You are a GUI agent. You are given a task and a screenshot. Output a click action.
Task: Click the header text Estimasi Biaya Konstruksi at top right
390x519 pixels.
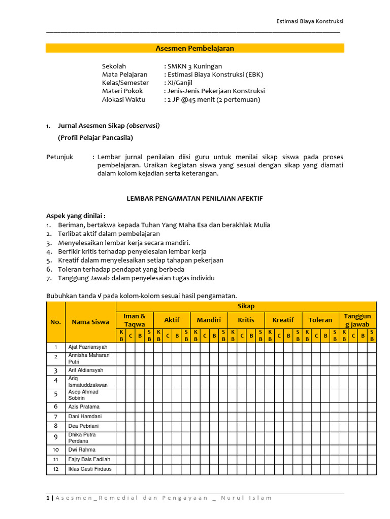(x=309, y=21)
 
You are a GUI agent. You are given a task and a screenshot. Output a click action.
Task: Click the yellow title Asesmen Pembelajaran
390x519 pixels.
(x=194, y=48)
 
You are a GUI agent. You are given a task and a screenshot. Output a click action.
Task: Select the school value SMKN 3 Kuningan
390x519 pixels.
(x=195, y=66)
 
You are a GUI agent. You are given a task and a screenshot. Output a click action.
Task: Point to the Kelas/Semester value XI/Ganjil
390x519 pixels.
(x=180, y=83)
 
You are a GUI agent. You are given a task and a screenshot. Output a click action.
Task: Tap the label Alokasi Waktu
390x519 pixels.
(x=123, y=99)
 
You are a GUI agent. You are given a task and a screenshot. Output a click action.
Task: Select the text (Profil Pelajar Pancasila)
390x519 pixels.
(x=96, y=137)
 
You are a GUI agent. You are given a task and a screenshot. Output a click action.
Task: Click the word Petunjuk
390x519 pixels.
(x=60, y=157)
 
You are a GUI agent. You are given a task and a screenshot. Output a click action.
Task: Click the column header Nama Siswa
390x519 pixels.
(x=90, y=321)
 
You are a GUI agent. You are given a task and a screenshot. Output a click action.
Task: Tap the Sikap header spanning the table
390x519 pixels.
(x=246, y=306)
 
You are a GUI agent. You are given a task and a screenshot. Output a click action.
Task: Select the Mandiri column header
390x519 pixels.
(x=209, y=320)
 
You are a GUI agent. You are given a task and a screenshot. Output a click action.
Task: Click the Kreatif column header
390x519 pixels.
(x=283, y=320)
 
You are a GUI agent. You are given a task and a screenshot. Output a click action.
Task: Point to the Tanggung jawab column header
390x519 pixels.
(x=357, y=320)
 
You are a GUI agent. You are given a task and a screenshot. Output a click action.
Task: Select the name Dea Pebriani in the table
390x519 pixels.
(x=84, y=426)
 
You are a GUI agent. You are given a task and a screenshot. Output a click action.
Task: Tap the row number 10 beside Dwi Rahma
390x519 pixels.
(x=56, y=450)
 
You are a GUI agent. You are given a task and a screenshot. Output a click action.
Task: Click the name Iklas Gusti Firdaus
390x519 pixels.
(x=90, y=469)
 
